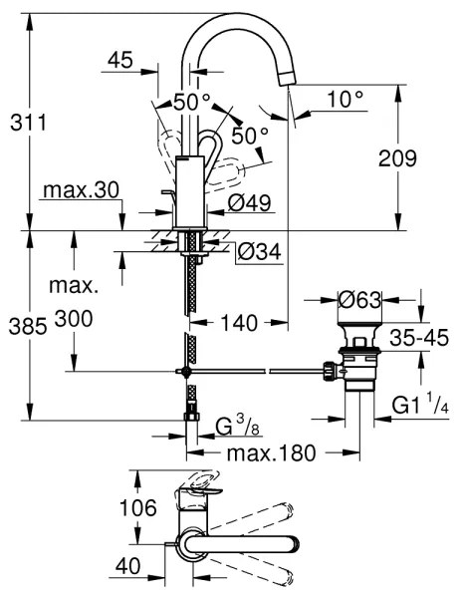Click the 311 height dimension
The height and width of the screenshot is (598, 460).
[27, 124]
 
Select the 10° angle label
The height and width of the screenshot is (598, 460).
[345, 100]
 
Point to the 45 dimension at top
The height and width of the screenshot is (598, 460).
[119, 62]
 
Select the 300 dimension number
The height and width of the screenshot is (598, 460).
[76, 321]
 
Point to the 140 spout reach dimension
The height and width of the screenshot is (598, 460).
[239, 322]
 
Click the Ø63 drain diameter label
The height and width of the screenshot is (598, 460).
[360, 298]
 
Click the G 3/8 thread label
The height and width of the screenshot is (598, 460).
[238, 427]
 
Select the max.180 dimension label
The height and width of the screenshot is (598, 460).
[268, 453]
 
